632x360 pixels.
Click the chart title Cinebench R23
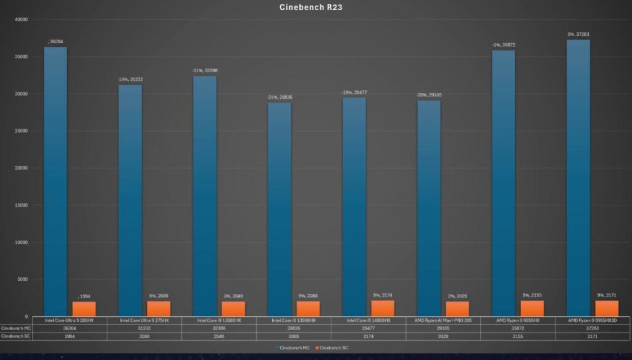click(x=317, y=7)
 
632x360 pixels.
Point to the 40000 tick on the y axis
click(x=22, y=19)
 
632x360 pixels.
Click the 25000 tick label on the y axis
click(x=22, y=131)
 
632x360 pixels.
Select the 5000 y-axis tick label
click(x=23, y=279)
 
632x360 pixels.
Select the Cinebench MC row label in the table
click(x=15, y=328)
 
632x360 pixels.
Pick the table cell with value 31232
click(x=144, y=328)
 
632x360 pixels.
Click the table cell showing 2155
click(x=517, y=336)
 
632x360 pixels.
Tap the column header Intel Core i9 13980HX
click(x=218, y=320)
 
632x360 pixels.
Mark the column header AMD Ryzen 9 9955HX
click(x=517, y=320)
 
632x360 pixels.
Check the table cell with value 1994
click(x=69, y=336)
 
